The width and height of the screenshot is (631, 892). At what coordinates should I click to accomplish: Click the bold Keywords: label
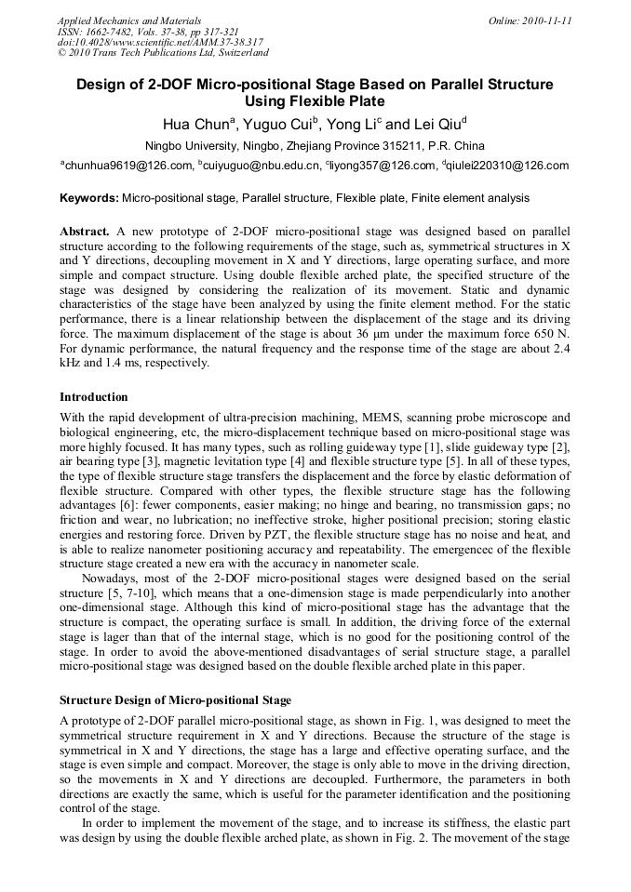pyautogui.click(x=89, y=198)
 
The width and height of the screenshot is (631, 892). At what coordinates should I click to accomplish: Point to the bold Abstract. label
pyautogui.click(x=86, y=230)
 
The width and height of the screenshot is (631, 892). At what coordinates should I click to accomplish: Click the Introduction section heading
pyautogui.click(x=94, y=397)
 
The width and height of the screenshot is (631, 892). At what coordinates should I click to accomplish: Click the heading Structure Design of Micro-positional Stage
pyautogui.click(x=175, y=699)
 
